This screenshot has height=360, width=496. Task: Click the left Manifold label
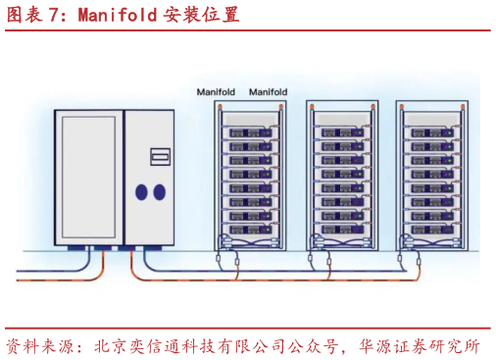(x=218, y=92)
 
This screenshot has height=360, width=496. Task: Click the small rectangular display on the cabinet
(x=159, y=156)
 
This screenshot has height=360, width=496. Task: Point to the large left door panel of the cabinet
(x=90, y=177)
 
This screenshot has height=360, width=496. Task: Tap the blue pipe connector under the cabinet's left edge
(x=74, y=251)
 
